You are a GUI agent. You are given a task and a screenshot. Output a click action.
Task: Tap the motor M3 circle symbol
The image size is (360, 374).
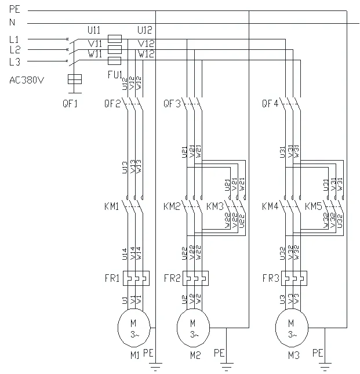[291, 328]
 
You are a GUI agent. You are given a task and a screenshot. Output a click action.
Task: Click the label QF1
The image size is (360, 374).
[76, 104]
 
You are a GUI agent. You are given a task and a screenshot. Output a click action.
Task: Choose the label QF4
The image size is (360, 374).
[270, 104]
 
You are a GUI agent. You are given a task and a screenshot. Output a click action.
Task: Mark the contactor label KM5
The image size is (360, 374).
[314, 206]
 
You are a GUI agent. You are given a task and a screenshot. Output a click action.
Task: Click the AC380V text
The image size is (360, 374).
[27, 80]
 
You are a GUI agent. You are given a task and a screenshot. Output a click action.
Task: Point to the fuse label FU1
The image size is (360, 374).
[114, 74]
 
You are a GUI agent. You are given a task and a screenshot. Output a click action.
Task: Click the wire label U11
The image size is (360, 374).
[94, 28]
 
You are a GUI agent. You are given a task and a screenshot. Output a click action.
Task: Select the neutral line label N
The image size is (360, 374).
[12, 22]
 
